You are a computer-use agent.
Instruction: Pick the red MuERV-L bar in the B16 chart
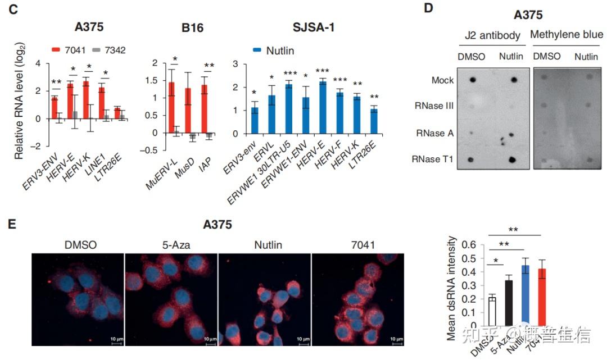coord(171,107)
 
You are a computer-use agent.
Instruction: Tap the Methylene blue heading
coord(567,35)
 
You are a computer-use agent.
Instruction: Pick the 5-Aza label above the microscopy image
coord(170,244)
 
